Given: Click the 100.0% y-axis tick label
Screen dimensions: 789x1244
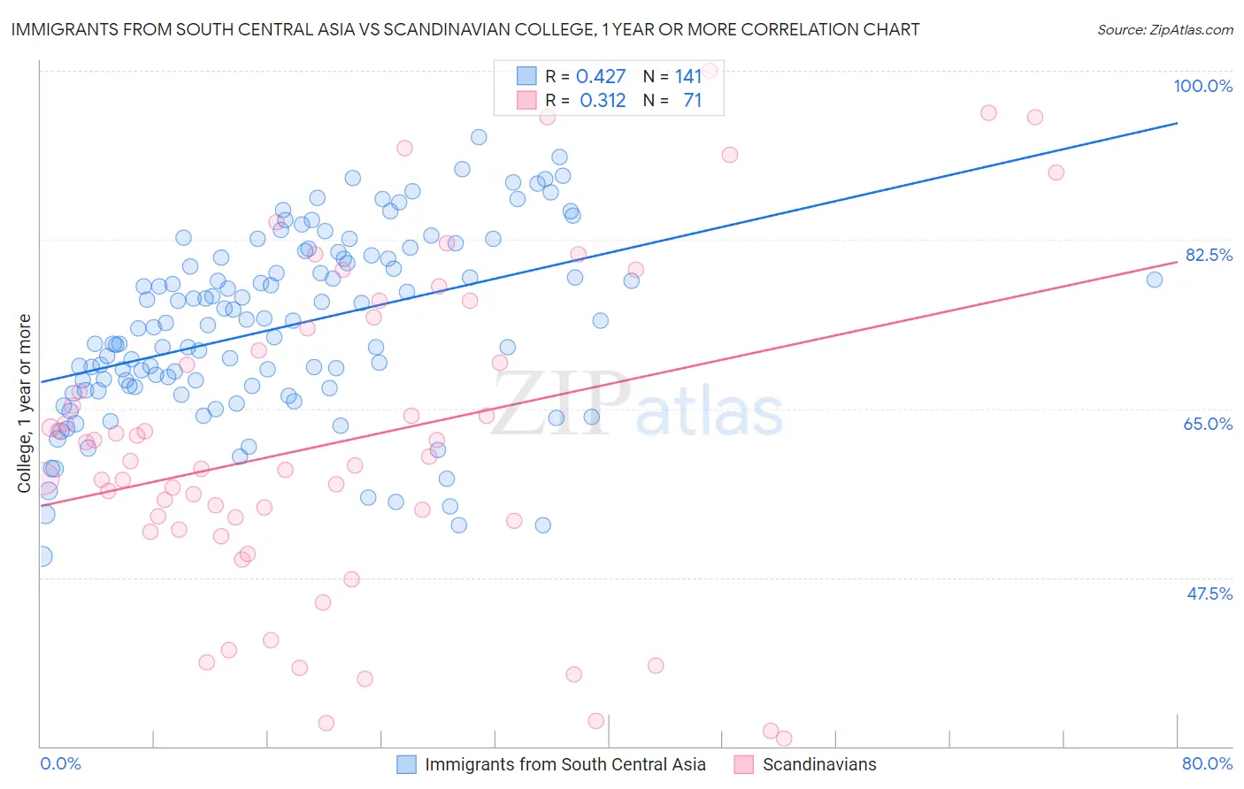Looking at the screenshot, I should pyautogui.click(x=1202, y=86).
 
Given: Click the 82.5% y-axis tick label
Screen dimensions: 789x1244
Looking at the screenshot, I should pyautogui.click(x=1209, y=255).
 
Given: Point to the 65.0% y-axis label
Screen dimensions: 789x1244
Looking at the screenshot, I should pyautogui.click(x=1208, y=424).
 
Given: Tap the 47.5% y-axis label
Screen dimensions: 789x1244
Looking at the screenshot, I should pyautogui.click(x=1209, y=594).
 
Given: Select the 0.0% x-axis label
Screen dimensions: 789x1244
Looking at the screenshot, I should pyautogui.click(x=60, y=763).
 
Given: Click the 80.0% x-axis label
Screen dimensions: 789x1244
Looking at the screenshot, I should pyautogui.click(x=1207, y=763).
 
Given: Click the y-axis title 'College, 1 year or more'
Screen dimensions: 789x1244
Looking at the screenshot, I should pyautogui.click(x=25, y=403).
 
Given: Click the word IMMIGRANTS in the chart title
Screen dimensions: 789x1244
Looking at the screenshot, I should pyautogui.click(x=60, y=29).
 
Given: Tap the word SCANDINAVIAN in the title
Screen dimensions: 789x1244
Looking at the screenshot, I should pyautogui.click(x=445, y=29).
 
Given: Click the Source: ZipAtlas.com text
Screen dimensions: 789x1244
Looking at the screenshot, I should pyautogui.click(x=1164, y=29).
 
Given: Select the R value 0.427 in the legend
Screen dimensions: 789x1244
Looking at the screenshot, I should pyautogui.click(x=601, y=77).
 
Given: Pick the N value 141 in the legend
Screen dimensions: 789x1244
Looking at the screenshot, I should pyautogui.click(x=688, y=77).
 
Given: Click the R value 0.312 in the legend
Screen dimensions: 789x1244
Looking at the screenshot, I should pyautogui.click(x=603, y=101).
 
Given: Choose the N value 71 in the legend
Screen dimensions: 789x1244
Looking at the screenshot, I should pyautogui.click(x=692, y=101).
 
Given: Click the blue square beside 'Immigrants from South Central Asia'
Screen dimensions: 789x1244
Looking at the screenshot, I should pyautogui.click(x=406, y=764).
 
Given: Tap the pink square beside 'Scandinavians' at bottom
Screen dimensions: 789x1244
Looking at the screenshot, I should pyautogui.click(x=743, y=764).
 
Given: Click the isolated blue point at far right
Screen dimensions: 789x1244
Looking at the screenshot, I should pyautogui.click(x=1154, y=280).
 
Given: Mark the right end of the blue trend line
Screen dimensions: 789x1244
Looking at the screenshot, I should pyautogui.click(x=1177, y=123).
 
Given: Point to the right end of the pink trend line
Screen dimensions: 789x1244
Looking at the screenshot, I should pyautogui.click(x=1177, y=262).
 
